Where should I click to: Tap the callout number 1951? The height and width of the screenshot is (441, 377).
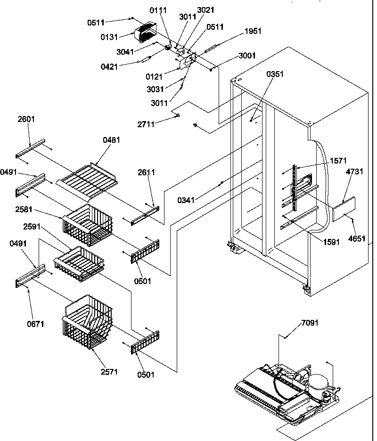coord(253,32)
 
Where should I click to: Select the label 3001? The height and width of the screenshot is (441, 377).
coord(247,56)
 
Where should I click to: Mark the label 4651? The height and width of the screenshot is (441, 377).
coord(356,239)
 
